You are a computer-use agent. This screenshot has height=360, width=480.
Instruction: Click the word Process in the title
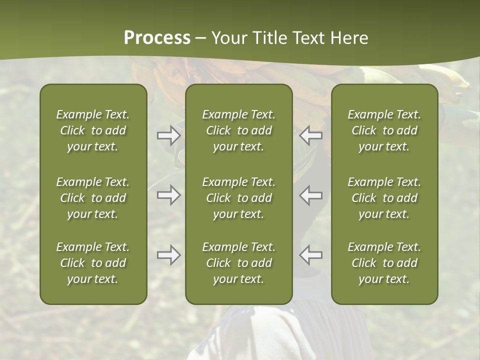(157, 38)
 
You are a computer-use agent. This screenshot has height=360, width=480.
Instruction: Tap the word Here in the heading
(349, 38)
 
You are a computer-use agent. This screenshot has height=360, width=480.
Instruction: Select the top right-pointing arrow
(168, 135)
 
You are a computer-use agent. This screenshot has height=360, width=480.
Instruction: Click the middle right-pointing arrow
(168, 195)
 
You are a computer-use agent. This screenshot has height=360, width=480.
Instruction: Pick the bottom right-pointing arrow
(168, 255)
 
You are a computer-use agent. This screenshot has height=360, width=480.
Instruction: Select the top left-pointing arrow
(311, 135)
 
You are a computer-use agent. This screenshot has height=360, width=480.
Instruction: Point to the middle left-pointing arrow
(311, 195)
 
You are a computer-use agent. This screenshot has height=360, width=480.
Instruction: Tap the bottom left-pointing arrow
(311, 255)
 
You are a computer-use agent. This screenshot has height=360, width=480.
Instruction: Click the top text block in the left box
(93, 130)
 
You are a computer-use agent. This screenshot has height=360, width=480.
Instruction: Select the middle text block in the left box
(93, 198)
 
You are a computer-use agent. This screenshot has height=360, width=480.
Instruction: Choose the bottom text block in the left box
(93, 263)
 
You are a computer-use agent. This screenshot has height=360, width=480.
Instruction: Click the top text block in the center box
(238, 130)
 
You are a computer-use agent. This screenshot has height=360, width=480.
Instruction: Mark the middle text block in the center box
(238, 198)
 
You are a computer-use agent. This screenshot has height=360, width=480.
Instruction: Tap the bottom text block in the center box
(238, 263)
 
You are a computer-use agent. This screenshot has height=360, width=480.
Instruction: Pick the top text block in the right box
(384, 130)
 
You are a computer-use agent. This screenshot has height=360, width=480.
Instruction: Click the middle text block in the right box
(384, 198)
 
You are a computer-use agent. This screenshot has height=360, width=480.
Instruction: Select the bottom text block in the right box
(384, 263)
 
